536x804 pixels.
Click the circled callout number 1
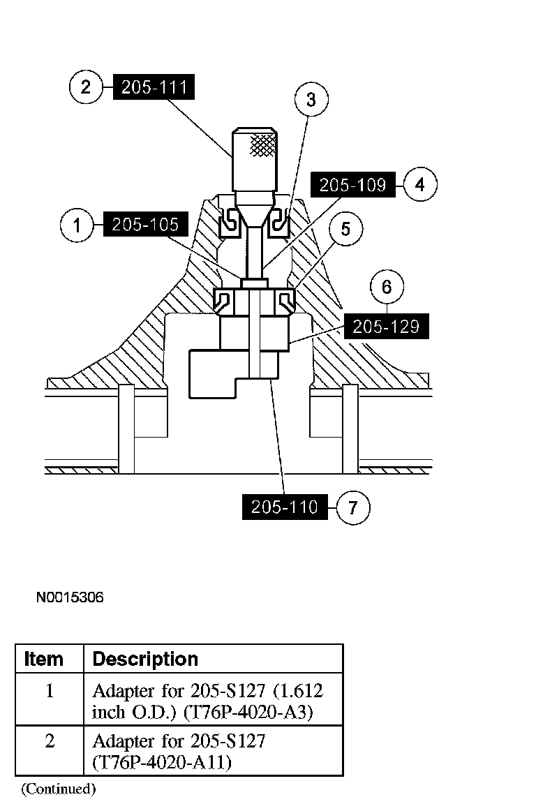(x=77, y=225)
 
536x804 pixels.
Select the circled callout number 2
(x=86, y=87)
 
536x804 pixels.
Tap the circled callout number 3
(x=311, y=100)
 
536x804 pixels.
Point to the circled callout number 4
(x=420, y=185)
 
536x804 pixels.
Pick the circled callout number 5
(x=346, y=230)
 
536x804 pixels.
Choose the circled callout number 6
(x=387, y=287)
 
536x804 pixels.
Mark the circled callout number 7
(x=353, y=507)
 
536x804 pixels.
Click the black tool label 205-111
(x=153, y=87)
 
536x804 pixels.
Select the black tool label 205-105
(x=144, y=225)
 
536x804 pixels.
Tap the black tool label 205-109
(x=352, y=185)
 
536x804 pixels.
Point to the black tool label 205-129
(x=386, y=327)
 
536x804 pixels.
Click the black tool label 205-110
(x=284, y=507)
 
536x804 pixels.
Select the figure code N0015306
(x=70, y=597)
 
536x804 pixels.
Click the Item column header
(x=43, y=659)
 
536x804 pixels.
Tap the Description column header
(x=145, y=659)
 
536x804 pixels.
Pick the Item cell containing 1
(x=50, y=692)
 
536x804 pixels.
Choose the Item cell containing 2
(x=50, y=740)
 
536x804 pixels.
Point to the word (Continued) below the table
(x=58, y=789)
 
